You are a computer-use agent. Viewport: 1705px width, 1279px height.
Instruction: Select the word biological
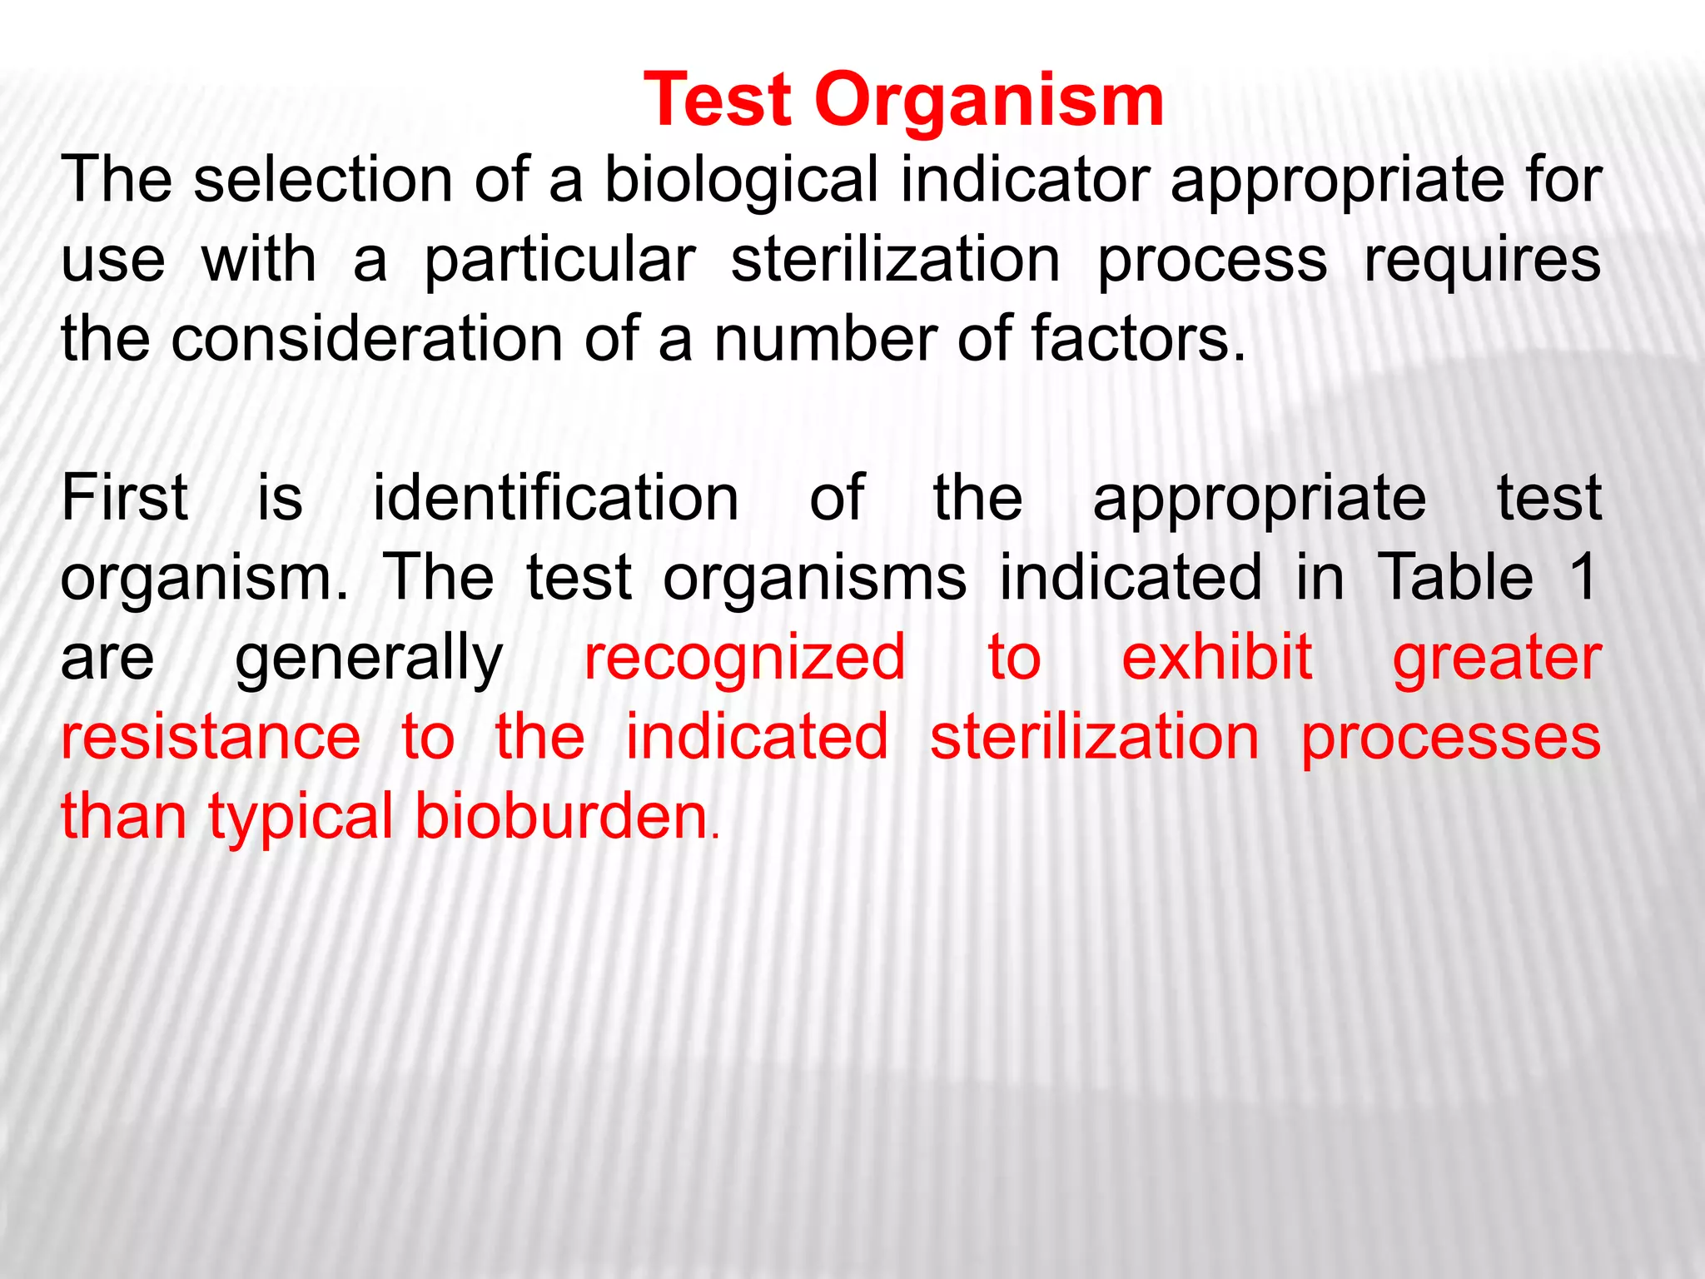[741, 180]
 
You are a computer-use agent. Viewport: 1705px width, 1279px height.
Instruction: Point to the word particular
[559, 260]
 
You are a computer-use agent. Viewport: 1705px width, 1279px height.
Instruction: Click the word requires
[1482, 260]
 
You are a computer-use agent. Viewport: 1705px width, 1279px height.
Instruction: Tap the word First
[125, 498]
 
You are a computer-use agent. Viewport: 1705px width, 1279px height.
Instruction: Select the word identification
[555, 498]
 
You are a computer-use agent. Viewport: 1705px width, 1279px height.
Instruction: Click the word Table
[1455, 577]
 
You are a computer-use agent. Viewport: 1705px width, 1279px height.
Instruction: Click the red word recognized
[744, 658]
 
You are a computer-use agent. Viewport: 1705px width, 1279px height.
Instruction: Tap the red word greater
[1497, 658]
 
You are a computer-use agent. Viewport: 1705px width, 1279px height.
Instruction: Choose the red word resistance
[211, 737]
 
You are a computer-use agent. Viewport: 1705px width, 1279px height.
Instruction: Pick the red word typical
[301, 818]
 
